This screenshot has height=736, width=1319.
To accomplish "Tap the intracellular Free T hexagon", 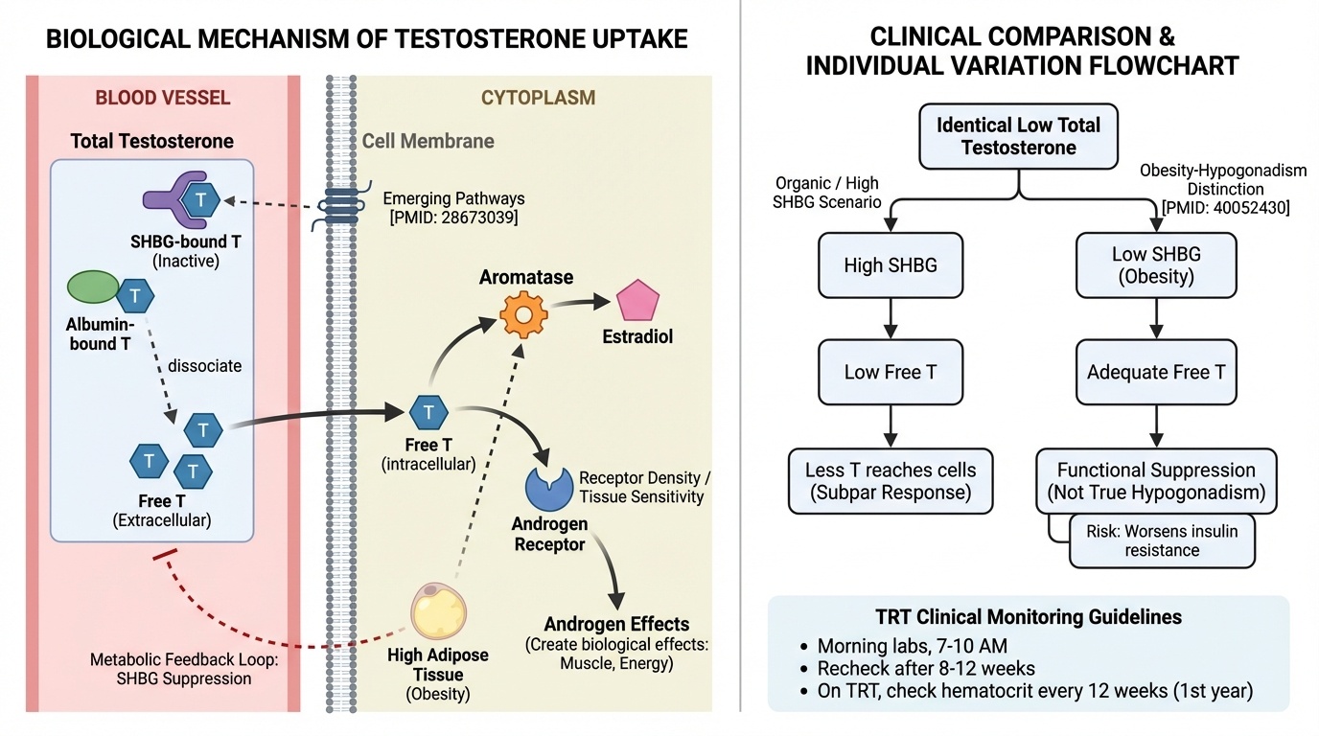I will pyautogui.click(x=428, y=413).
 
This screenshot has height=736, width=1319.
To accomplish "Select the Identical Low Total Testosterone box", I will pyautogui.click(x=1018, y=136).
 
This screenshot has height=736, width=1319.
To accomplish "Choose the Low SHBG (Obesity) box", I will pyautogui.click(x=1156, y=265).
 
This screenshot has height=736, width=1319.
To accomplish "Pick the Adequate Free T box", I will pyautogui.click(x=1156, y=372).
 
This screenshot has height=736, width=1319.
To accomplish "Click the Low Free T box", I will pyautogui.click(x=891, y=372).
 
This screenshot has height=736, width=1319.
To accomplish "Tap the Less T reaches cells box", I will pyautogui.click(x=891, y=481).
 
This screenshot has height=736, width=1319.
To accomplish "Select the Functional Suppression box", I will pyautogui.click(x=1156, y=481).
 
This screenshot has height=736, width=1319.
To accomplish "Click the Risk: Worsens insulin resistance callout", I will pyautogui.click(x=1162, y=540).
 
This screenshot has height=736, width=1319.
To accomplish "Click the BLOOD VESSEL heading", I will pyautogui.click(x=163, y=98).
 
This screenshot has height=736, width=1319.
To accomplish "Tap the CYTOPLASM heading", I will pyautogui.click(x=538, y=98).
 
